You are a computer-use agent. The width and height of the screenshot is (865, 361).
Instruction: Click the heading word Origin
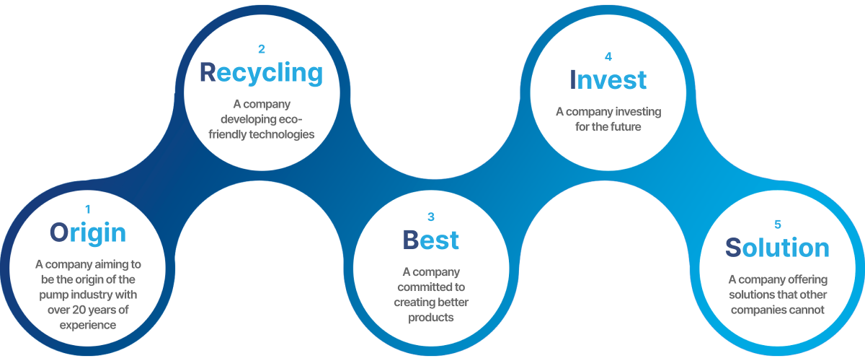coord(88,233)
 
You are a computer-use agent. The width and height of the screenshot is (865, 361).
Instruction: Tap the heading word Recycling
coord(262,73)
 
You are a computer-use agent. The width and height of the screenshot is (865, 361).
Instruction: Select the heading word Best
coord(430,240)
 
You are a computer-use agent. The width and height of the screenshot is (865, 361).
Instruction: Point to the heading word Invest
coord(608,80)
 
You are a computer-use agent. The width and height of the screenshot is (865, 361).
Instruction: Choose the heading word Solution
coord(777,248)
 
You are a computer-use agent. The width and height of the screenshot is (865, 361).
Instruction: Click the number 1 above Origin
coord(88,209)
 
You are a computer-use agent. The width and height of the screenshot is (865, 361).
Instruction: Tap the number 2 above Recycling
coord(262,49)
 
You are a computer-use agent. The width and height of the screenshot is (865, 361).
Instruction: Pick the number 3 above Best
coord(431,217)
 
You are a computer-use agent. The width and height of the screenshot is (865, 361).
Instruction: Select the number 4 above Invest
coord(608,57)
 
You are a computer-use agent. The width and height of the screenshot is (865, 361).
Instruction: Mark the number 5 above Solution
coord(778,225)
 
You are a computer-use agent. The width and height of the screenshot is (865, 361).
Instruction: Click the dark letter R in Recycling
coord(208,72)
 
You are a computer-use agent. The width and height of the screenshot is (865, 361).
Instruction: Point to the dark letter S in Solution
coord(733,248)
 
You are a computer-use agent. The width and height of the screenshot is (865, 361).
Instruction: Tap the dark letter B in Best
coord(410,240)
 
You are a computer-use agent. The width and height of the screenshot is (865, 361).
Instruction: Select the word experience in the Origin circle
coord(88,326)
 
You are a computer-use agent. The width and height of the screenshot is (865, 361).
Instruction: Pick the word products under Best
coord(431,318)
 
